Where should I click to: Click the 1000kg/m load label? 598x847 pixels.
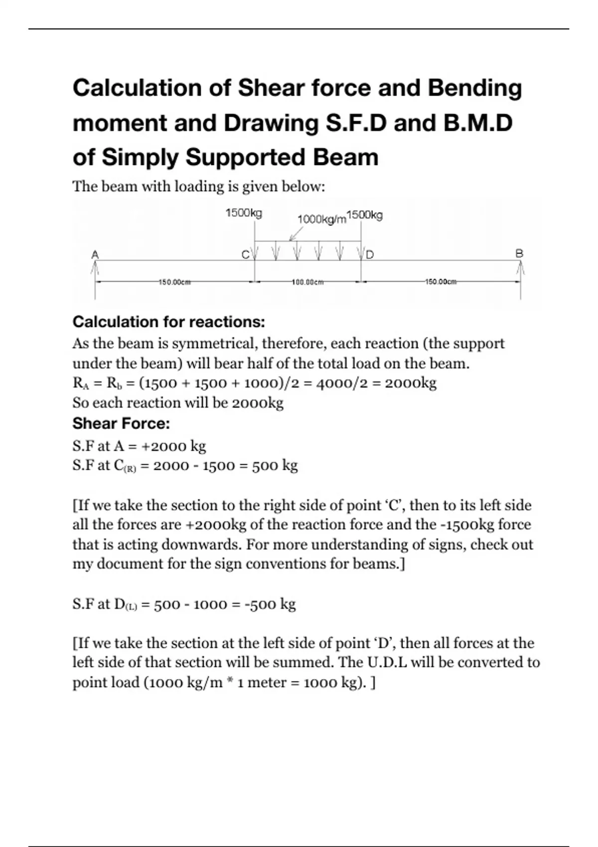click(321, 219)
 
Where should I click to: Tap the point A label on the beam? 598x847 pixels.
click(95, 255)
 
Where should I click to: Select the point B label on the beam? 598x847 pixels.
click(519, 253)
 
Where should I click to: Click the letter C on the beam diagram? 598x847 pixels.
click(245, 255)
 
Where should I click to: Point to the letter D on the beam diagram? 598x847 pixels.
click(370, 255)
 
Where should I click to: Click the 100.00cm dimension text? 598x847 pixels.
click(307, 282)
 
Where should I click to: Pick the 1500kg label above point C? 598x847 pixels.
click(244, 213)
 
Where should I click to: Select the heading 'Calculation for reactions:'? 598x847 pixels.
click(168, 322)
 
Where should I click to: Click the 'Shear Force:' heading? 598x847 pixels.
click(121, 423)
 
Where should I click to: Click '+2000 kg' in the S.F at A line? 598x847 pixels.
click(174, 446)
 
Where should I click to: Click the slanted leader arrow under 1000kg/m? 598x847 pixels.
click(296, 234)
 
